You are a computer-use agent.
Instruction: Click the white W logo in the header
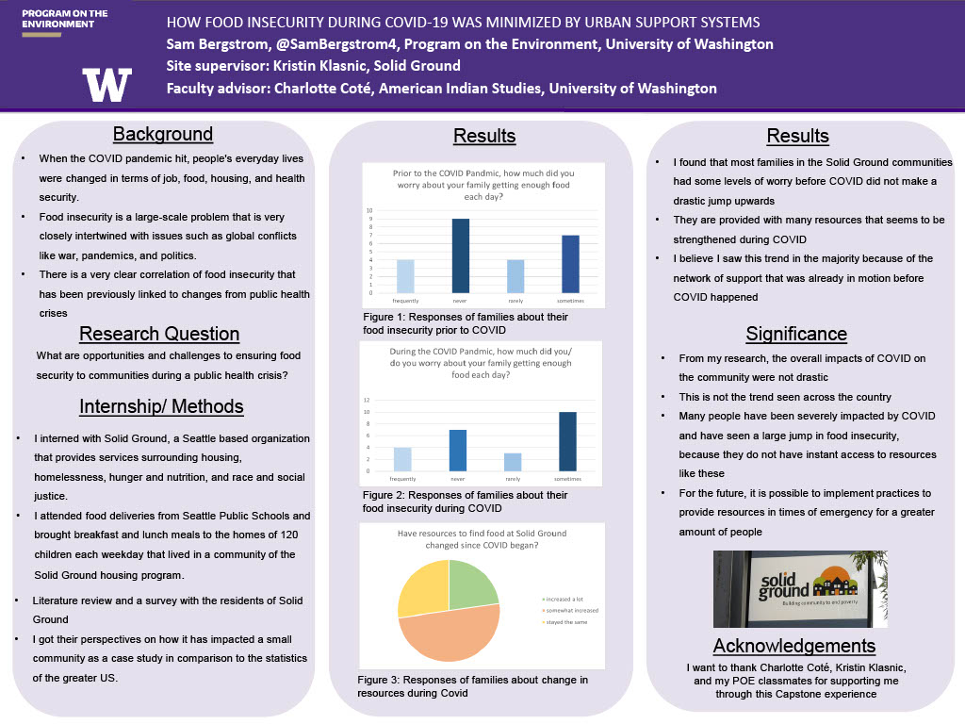point(106,85)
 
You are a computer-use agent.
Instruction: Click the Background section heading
point(163,134)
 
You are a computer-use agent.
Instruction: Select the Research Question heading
point(159,334)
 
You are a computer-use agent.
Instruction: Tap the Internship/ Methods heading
point(161,406)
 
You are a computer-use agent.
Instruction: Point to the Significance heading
point(796,334)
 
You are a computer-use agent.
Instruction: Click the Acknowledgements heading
point(794,646)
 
